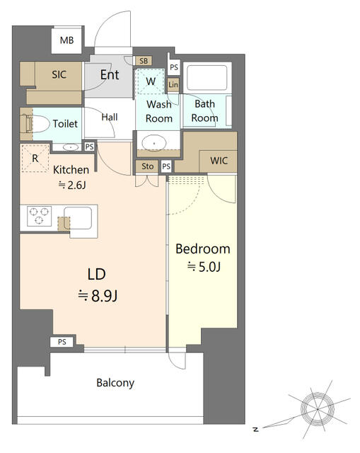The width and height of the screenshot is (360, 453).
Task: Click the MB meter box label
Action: click(66, 40)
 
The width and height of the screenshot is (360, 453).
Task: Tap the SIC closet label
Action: click(59, 74)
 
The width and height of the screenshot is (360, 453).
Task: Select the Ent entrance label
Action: click(110, 75)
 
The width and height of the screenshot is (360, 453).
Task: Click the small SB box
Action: click(144, 61)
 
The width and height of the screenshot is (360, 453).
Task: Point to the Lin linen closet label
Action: click(173, 85)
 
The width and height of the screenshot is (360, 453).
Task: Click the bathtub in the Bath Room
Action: click(207, 78)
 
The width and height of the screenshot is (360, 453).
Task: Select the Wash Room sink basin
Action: click(154, 143)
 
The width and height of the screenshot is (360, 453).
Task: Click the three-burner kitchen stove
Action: click(40, 216)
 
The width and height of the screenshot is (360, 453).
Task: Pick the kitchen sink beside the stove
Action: click(78, 218)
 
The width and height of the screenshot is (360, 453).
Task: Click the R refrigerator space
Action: click(35, 159)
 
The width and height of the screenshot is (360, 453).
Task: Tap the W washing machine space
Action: click(151, 81)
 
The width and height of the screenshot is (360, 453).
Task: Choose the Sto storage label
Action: click(147, 166)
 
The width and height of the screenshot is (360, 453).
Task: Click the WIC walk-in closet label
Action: click(219, 161)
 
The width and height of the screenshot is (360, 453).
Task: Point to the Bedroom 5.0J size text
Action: click(204, 267)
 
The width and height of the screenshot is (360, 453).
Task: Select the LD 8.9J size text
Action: click(98, 296)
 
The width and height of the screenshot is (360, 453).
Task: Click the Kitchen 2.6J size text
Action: click(72, 185)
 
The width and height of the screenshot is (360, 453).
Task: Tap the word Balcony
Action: click(115, 383)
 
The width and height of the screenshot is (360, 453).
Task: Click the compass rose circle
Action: click(318, 409)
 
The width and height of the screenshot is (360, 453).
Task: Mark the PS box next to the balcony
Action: click(62, 342)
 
